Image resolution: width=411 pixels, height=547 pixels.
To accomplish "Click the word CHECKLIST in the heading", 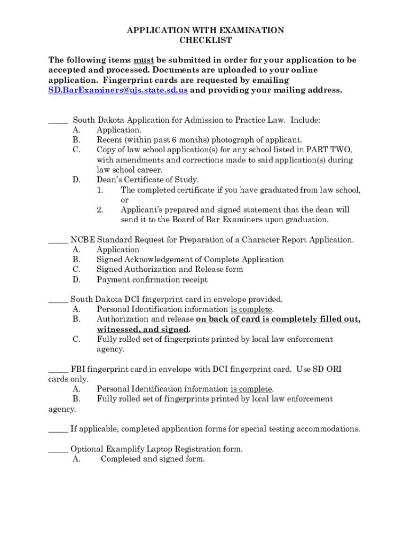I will click(205, 40).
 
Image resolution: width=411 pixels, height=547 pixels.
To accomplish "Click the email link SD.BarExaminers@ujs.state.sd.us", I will click(118, 90).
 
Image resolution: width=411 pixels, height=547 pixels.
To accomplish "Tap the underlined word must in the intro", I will click(144, 60).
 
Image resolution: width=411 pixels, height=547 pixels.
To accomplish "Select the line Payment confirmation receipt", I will click(152, 279).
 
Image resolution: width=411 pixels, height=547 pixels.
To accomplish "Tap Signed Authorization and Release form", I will click(169, 269).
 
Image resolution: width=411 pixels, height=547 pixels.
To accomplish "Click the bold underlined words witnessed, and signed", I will click(143, 330).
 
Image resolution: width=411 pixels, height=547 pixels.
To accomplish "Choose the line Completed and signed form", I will click(153, 459).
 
